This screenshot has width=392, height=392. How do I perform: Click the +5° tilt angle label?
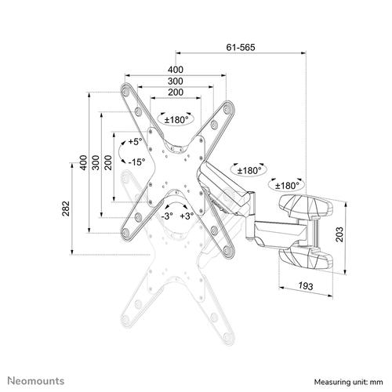click(136, 142)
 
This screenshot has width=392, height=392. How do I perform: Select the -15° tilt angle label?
click(136, 162)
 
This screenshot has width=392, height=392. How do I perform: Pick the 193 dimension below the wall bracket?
click(306, 288)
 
